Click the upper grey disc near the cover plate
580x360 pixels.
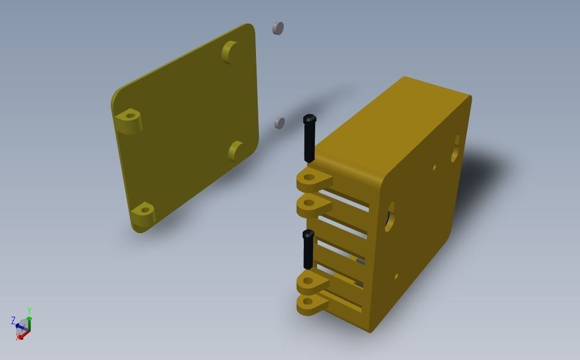[278, 28]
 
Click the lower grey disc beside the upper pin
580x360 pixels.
[280, 122]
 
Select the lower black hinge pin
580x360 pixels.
[308, 249]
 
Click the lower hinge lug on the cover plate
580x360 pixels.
[143, 213]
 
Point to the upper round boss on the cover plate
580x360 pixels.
[230, 52]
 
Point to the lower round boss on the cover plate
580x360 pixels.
[236, 151]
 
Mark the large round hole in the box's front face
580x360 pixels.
[390, 217]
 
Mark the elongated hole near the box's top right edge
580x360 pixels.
[455, 148]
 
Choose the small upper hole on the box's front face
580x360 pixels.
[435, 168]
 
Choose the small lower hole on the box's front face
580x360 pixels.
[396, 277]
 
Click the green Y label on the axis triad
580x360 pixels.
[29, 311]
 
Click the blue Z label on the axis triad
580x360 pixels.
[13, 320]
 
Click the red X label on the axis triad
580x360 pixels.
[18, 337]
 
